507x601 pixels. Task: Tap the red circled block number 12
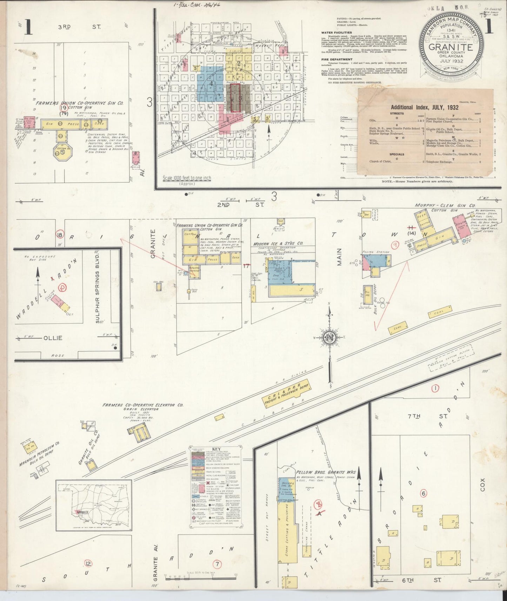88,563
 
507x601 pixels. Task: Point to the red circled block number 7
218,564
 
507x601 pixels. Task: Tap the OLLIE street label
53,338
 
